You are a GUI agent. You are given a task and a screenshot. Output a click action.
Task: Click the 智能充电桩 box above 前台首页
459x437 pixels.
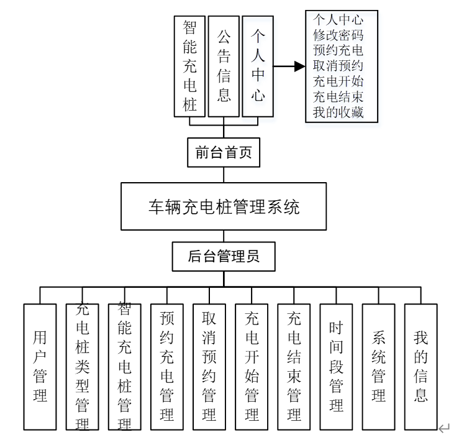pyautogui.click(x=189, y=66)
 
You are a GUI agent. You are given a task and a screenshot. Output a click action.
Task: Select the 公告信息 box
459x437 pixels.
pyautogui.click(x=224, y=66)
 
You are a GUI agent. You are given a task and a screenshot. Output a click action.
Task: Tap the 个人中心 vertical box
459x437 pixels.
pyautogui.click(x=258, y=66)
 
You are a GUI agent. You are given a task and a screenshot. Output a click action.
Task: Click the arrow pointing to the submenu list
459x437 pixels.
pyautogui.click(x=289, y=67)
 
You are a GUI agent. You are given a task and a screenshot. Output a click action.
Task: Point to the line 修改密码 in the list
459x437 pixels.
pyautogui.click(x=338, y=35)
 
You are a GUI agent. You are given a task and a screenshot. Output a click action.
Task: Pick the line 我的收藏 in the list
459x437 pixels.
pyautogui.click(x=338, y=113)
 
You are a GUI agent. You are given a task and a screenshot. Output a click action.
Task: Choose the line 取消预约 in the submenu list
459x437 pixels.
pyautogui.click(x=338, y=66)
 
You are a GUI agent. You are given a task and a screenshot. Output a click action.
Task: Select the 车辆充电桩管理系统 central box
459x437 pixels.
pyautogui.click(x=224, y=206)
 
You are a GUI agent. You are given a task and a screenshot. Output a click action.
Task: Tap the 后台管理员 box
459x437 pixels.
pyautogui.click(x=224, y=256)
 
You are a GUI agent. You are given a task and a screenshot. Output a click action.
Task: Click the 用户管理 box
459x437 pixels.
pyautogui.click(x=40, y=367)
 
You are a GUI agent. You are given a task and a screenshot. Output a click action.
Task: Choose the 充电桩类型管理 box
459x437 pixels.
pyautogui.click(x=83, y=367)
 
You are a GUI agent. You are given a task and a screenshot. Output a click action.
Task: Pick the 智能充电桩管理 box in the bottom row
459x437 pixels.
pyautogui.click(x=125, y=367)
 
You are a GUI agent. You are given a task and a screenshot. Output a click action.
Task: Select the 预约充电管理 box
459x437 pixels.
pyautogui.click(x=167, y=367)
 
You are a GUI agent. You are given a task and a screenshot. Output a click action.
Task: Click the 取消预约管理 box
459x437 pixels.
pyautogui.click(x=209, y=367)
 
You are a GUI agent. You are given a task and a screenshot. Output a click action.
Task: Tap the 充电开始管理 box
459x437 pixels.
pyautogui.click(x=252, y=367)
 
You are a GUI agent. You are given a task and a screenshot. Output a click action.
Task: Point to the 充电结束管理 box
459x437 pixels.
pyautogui.click(x=294, y=367)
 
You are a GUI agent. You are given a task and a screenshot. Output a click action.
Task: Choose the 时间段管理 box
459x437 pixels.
pyautogui.click(x=336, y=367)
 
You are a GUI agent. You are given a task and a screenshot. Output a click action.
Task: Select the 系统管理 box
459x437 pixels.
pyautogui.click(x=378, y=367)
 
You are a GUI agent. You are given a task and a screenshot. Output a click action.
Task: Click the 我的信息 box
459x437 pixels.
pyautogui.click(x=421, y=367)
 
